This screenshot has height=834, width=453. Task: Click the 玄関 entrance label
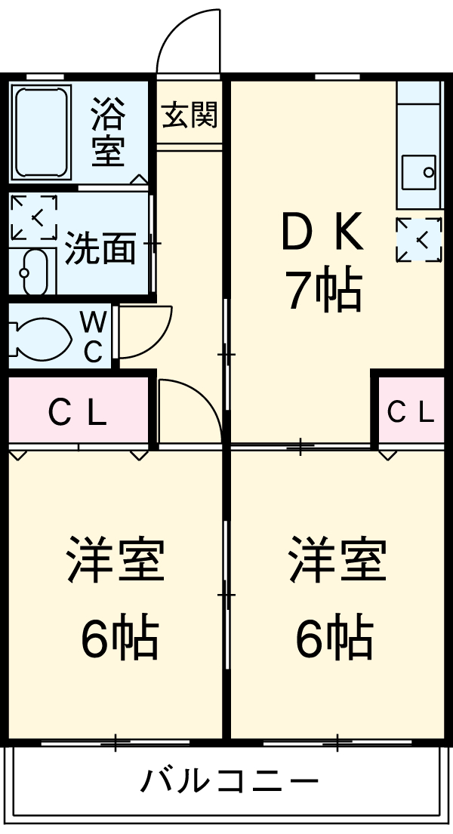(190, 116)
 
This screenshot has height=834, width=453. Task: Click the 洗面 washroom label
(100, 248)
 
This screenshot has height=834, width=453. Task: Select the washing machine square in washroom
(34, 218)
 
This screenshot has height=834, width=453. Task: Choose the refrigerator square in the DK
(419, 240)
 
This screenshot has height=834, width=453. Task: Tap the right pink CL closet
(411, 412)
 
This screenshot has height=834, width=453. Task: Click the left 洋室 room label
(115, 559)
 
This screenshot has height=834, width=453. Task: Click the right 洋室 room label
(337, 559)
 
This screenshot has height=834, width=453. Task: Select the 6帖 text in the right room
(333, 639)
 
